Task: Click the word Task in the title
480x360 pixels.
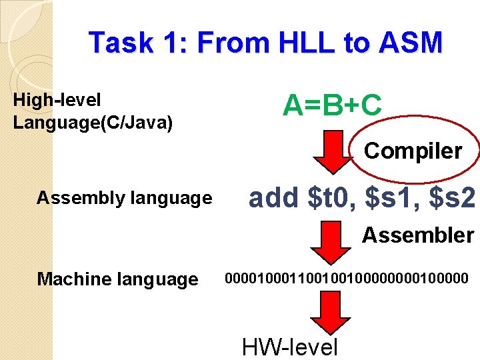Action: [119, 43]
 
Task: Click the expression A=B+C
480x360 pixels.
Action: [332, 105]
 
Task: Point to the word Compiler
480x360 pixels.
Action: [413, 151]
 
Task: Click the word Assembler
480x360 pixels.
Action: [418, 235]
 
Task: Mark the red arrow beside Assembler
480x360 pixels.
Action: [329, 241]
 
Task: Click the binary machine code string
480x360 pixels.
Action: [347, 277]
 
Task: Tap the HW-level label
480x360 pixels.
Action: [290, 347]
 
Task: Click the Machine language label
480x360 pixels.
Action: [117, 279]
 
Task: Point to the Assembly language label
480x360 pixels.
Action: [124, 198]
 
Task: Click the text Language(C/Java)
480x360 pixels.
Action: [93, 123]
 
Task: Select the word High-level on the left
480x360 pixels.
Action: [57, 101]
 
